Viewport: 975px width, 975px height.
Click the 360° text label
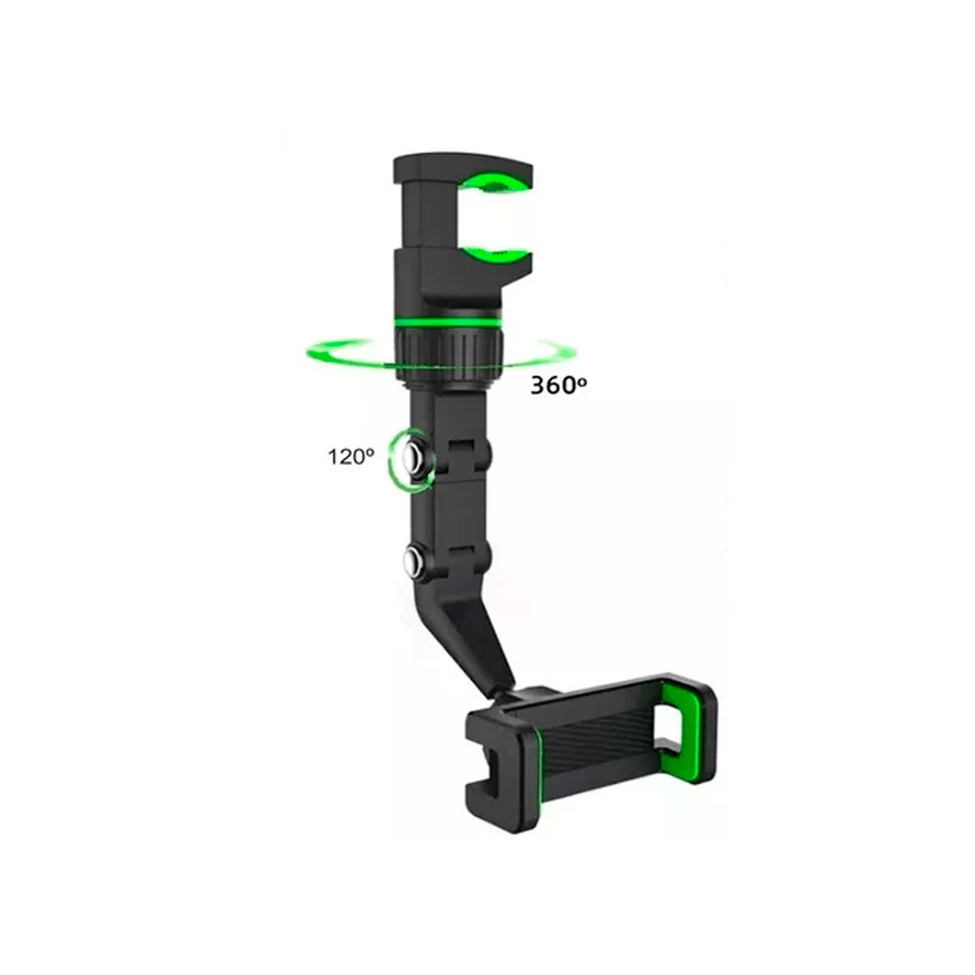(x=559, y=385)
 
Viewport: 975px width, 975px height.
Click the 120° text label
(x=350, y=457)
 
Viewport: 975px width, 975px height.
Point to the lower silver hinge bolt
(x=413, y=561)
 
